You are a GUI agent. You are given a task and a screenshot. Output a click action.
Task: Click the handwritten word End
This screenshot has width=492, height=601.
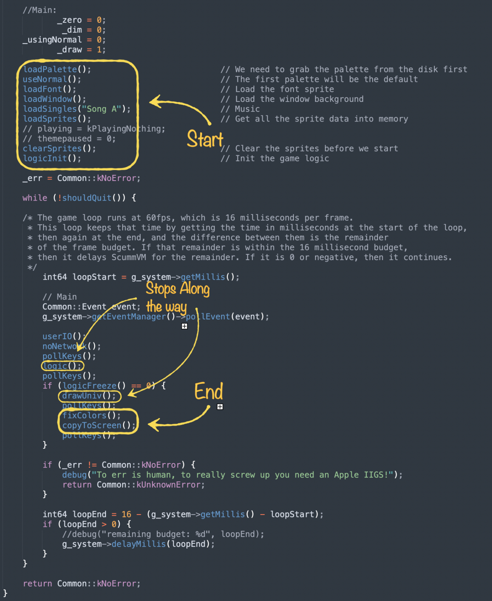click(209, 391)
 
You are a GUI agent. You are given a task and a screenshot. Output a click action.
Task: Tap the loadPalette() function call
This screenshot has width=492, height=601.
click(56, 69)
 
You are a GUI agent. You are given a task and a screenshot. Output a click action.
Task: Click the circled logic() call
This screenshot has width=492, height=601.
click(62, 366)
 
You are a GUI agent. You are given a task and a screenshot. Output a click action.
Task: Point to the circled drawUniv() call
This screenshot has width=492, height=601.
click(89, 396)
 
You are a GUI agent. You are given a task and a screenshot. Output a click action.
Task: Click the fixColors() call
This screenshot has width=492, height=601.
click(91, 416)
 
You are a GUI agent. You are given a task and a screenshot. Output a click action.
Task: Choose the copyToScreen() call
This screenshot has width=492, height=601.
click(98, 426)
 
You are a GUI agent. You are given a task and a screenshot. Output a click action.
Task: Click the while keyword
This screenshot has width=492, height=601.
click(35, 198)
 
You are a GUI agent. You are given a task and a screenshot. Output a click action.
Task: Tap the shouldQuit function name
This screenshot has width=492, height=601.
click(87, 198)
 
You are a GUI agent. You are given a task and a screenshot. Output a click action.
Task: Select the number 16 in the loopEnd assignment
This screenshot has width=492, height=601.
click(126, 514)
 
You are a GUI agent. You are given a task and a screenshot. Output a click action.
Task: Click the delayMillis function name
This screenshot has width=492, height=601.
click(138, 544)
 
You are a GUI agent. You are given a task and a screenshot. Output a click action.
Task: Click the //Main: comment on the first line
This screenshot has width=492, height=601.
click(39, 10)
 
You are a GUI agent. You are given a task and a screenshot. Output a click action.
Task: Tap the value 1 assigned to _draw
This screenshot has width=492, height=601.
click(99, 50)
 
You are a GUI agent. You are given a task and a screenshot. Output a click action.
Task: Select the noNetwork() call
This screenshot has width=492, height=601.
click(71, 346)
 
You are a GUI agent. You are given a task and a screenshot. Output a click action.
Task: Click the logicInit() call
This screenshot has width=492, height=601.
click(52, 158)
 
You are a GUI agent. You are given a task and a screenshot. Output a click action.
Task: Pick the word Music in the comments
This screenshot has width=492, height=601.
click(247, 109)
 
